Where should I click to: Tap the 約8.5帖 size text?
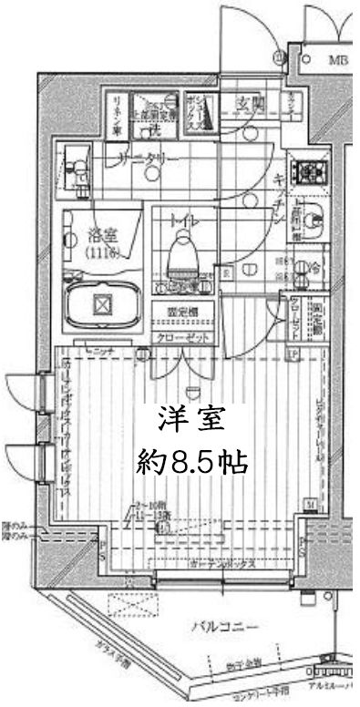pyautogui.click(x=190, y=462)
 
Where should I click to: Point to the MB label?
pyautogui.click(x=337, y=60)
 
